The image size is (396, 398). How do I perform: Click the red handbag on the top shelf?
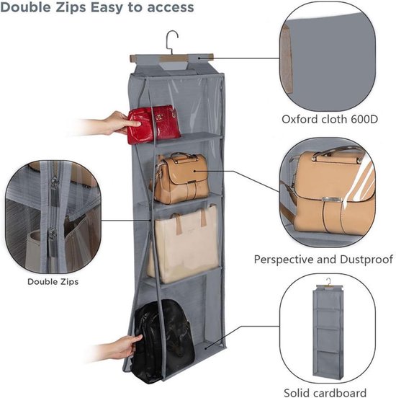[153, 124]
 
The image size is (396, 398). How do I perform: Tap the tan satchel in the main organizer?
[181, 178]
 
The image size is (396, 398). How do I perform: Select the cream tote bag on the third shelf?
[184, 244]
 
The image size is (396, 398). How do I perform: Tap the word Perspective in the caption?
[284, 260]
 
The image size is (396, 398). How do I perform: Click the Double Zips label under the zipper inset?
[53, 281]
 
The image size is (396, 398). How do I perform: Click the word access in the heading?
[171, 8]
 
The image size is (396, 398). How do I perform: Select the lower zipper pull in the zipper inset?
[53, 236]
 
